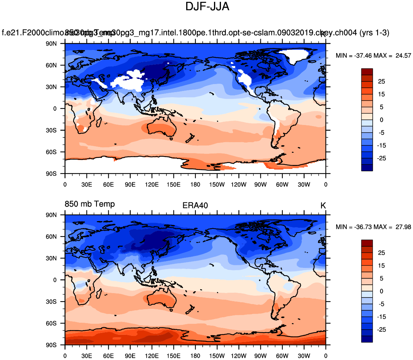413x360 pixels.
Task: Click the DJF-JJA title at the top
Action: pyautogui.click(x=207, y=6)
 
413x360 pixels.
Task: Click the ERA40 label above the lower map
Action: pyautogui.click(x=195, y=205)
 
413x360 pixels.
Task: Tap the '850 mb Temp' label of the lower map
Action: pyautogui.click(x=90, y=204)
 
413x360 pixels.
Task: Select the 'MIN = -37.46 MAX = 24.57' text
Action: pyautogui.click(x=373, y=56)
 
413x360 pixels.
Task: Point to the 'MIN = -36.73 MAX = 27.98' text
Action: pyautogui.click(x=373, y=227)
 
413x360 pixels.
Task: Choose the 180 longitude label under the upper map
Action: pyautogui.click(x=195, y=184)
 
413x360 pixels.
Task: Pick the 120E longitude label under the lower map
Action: pyautogui.click(x=152, y=356)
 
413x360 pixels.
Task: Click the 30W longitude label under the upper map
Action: pyautogui.click(x=304, y=184)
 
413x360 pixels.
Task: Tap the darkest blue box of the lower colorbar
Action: pyautogui.click(x=367, y=339)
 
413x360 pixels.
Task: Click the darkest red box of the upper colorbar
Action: pyautogui.click(x=367, y=72)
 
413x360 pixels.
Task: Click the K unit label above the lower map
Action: pyautogui.click(x=323, y=206)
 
